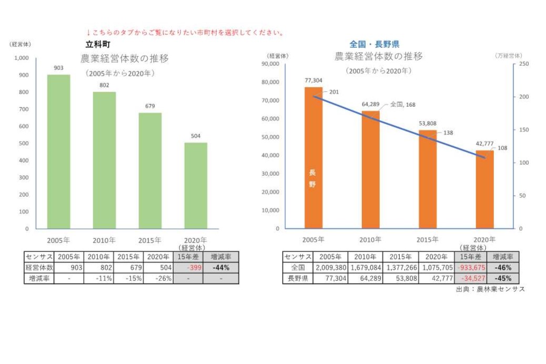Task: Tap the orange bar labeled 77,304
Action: (313, 158)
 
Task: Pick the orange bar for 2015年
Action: (427, 179)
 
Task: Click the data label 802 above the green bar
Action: (104, 85)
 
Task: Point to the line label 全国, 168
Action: (402, 105)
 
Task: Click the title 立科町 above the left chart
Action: (98, 45)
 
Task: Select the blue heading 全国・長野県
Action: (374, 45)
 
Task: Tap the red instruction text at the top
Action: (185, 33)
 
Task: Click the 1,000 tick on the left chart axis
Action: (22, 58)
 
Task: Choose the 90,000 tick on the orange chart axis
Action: (271, 64)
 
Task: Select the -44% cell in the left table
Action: (220, 268)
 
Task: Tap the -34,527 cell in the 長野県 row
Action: (470, 278)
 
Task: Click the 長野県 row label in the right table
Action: (298, 278)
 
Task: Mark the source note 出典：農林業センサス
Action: (490, 289)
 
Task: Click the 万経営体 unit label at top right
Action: (509, 55)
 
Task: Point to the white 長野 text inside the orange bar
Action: (312, 178)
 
